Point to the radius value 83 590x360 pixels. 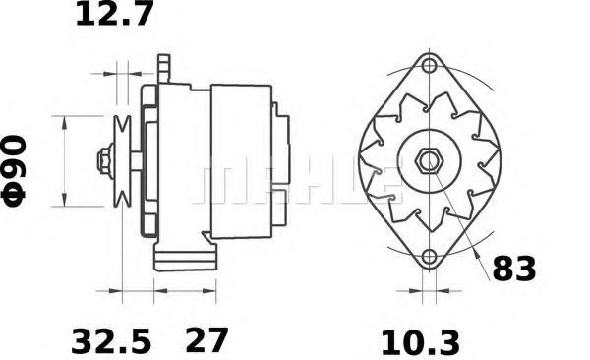[x=514, y=268]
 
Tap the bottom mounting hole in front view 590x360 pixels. [x=429, y=259]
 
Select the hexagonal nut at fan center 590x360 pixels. [x=429, y=160]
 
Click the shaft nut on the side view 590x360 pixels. [x=103, y=160]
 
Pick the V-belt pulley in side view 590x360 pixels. [x=123, y=160]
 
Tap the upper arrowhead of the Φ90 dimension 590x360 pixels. [x=65, y=121]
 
